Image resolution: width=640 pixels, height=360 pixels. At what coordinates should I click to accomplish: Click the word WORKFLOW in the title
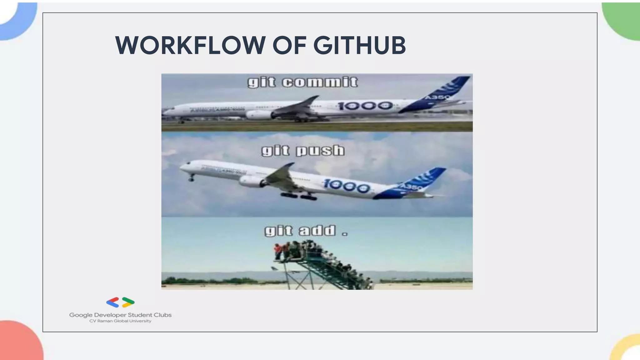[190, 45]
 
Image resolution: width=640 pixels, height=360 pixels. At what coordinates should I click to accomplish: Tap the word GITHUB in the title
[359, 45]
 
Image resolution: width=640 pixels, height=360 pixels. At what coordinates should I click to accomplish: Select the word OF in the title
[289, 45]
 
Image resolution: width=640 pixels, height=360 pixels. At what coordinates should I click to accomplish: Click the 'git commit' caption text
[302, 82]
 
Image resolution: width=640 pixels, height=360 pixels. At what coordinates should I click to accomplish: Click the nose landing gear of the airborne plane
[191, 178]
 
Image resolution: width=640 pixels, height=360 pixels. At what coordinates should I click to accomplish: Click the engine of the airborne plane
[252, 181]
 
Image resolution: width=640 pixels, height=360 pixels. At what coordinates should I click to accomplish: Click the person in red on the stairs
[277, 251]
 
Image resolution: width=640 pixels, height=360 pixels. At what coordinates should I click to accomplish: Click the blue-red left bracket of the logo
[113, 302]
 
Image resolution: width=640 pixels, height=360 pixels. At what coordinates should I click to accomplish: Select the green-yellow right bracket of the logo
[128, 302]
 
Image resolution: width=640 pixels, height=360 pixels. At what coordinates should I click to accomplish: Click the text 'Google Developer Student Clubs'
[120, 315]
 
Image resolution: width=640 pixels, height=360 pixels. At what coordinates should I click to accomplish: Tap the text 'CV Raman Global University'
[120, 321]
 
